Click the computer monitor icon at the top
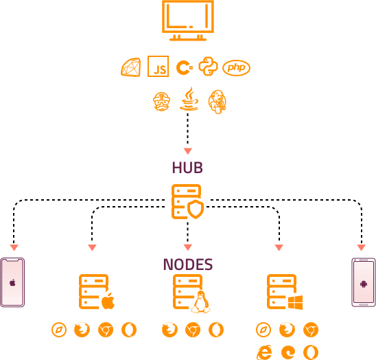pos(187,20)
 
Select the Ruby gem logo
pos(130,67)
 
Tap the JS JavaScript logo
pos(158,67)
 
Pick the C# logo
pos(183,67)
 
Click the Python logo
pos(208,67)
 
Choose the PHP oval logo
pos(236,67)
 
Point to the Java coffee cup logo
pos(189,100)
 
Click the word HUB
pos(187,168)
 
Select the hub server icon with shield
pos(187,201)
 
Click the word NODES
pos(187,265)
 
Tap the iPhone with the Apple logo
pos(12,282)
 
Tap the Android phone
pos(363,282)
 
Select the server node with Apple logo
pos(96,292)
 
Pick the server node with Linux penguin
pos(190,293)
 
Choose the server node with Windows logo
pos(284,293)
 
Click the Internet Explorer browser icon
pos(263,352)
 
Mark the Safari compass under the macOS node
pos(59,330)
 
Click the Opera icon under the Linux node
pos(215,330)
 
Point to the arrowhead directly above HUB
pos(187,151)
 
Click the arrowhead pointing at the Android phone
pos(361,247)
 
